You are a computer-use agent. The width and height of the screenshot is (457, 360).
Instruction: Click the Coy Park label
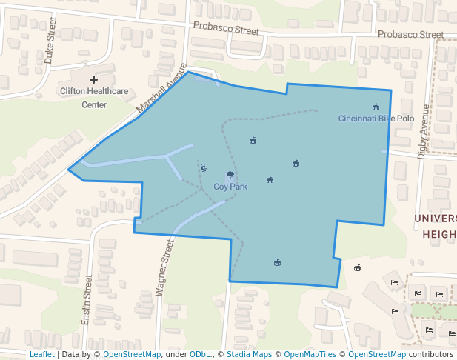pos(230,187)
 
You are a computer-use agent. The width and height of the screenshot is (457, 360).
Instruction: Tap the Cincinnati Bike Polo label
pos(376,119)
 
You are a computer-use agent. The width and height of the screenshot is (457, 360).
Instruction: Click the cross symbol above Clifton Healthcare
pos(93,79)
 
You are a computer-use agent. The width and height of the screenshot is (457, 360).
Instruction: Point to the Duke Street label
pos(50,46)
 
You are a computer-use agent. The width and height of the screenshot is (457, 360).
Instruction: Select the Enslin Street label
pos(87,300)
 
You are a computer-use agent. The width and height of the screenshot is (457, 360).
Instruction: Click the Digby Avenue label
pos(423,130)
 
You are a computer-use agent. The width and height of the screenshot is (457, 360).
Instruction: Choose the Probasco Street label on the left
pos(226,28)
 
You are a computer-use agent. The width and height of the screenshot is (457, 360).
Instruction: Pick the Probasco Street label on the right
pos(410,35)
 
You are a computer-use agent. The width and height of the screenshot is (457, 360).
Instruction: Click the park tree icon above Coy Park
pos(230,176)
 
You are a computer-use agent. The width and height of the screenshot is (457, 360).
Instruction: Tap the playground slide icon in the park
pos(204,168)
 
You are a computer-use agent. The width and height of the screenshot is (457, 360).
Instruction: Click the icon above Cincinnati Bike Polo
pos(376,107)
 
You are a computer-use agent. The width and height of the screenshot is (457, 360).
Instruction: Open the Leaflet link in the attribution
pos(42,355)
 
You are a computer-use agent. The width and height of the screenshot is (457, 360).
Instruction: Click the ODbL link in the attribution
pos(200,355)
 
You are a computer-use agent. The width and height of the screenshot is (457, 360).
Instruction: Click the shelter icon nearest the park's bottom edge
pos(277,262)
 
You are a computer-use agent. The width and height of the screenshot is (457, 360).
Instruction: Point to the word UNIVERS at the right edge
pos(435,219)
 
